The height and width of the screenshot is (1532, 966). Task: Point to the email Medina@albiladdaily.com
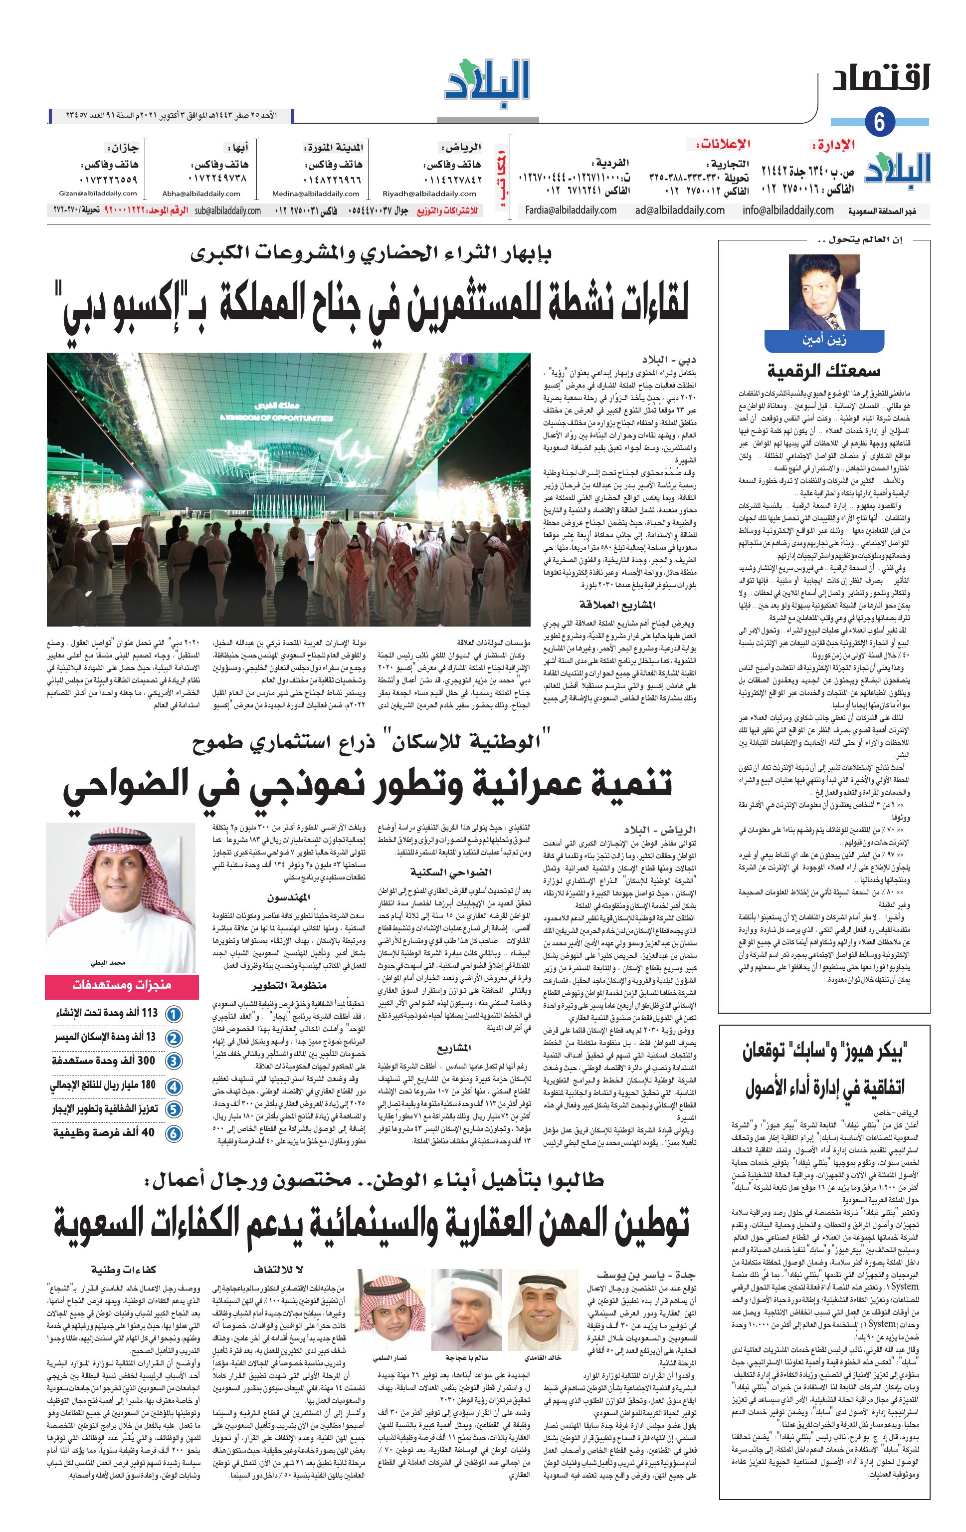[326, 194]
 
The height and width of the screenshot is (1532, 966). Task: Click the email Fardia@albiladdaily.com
[571, 210]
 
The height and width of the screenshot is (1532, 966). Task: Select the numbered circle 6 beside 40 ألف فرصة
[173, 1133]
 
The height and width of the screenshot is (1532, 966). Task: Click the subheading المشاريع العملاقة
[616, 605]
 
